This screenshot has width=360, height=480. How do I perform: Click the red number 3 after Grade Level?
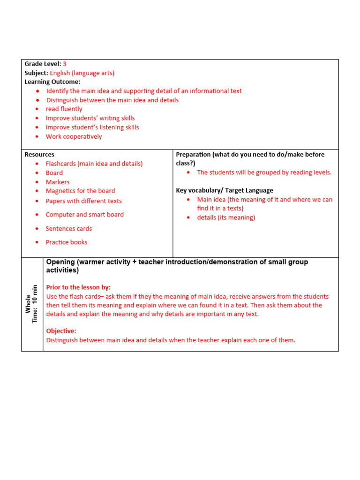65,64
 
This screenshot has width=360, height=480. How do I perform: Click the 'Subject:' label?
36,73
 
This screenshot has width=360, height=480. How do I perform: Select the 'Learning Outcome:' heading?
52,82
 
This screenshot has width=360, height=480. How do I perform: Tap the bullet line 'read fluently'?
64,109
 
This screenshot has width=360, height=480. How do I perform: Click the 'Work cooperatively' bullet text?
74,137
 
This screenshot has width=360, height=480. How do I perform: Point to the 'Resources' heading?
39,154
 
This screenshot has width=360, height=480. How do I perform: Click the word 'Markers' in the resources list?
58,182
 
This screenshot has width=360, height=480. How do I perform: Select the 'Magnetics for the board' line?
80,191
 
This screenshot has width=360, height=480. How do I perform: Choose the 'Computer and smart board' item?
84,215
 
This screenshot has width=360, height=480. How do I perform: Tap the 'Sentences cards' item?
68,229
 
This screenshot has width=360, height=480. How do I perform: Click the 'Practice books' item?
66,242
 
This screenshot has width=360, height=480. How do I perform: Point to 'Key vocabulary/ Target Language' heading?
224,190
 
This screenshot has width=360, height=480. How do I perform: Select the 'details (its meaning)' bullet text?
226,217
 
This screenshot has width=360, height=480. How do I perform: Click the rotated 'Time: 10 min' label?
35,304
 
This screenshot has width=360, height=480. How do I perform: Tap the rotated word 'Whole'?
28,304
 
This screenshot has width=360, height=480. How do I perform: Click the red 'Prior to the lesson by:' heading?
78,287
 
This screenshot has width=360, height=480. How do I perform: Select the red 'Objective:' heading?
61,331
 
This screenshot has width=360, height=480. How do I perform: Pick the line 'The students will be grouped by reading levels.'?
264,172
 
